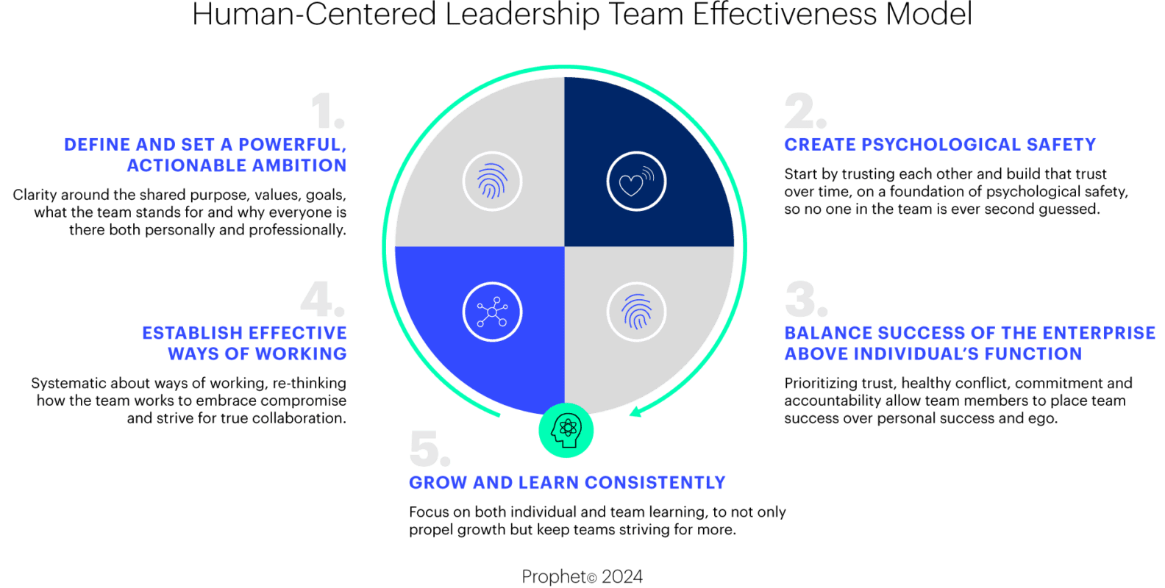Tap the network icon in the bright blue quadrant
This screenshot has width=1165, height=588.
492,312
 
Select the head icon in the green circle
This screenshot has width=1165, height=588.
566,431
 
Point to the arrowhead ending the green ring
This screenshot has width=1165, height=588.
635,412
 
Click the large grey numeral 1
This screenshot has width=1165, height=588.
328,111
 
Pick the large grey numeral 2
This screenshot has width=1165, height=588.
805,111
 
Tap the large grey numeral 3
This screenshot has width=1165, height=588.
806,299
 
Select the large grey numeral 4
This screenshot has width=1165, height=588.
322,299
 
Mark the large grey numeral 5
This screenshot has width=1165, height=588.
430,448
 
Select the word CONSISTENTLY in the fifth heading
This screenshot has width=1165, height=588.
655,482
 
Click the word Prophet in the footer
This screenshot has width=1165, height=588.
555,576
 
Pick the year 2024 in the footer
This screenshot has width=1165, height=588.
622,576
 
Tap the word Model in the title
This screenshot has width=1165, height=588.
929,14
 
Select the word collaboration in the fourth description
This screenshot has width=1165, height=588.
293,418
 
